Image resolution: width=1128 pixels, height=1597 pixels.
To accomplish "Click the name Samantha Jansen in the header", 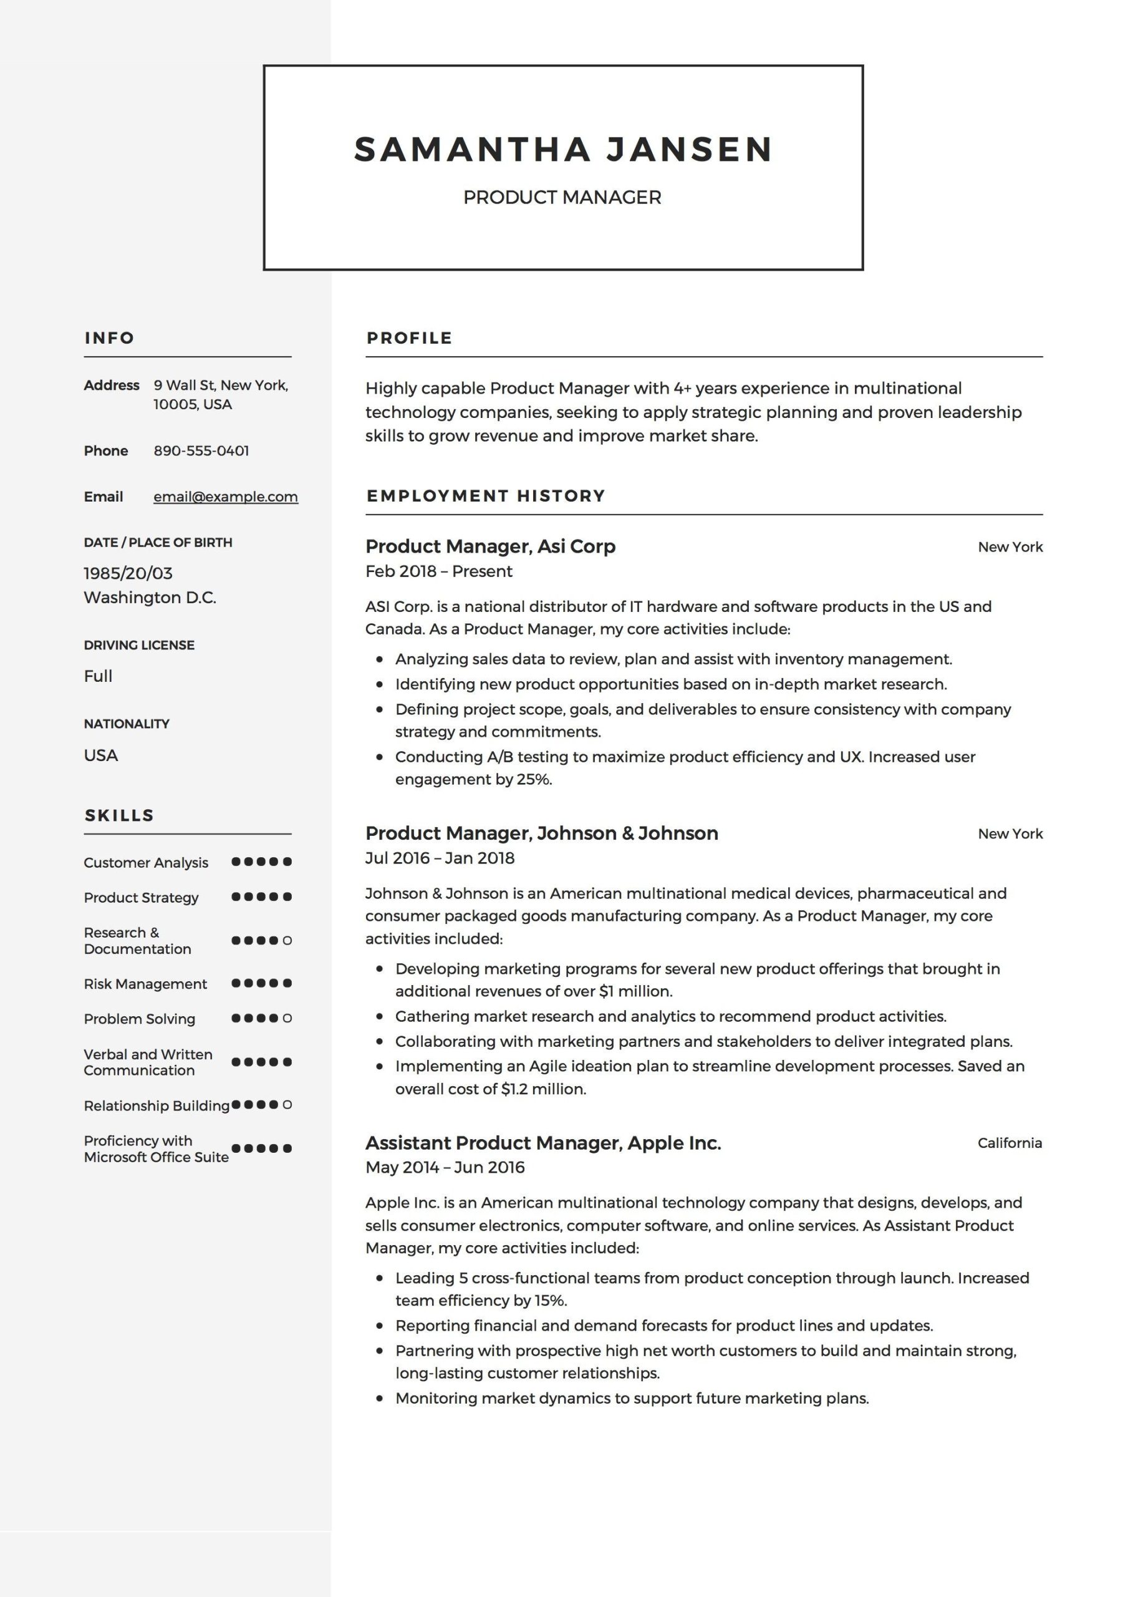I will pos(562,150).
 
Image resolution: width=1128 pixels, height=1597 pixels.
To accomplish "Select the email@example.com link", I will pos(225,497).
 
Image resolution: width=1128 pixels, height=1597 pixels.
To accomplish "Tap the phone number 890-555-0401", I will pos(201,451).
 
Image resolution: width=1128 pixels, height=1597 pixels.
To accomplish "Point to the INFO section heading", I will pos(109,338).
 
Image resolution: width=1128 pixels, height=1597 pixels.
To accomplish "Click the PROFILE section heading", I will pos(409,338).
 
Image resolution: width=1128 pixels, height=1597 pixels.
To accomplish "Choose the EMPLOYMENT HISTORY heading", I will pos(485,496).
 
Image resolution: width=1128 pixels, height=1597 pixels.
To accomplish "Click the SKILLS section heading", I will pos(119,815).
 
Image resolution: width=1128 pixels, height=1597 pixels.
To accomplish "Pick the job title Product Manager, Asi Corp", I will pos(490,546).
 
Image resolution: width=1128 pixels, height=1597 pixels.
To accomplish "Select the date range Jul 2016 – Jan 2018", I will pos(440,858).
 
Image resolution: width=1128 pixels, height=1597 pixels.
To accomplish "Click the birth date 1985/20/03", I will pos(128,573).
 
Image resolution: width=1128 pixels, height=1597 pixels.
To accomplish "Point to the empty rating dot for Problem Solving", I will pos(287,1018).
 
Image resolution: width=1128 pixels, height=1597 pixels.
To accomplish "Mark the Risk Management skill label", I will pos(145,984).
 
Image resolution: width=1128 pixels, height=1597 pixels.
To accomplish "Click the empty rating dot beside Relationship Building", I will pos(287,1105).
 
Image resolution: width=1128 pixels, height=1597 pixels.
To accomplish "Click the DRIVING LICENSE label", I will pos(139,646).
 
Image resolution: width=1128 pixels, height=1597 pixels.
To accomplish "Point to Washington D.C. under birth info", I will pos(150,598).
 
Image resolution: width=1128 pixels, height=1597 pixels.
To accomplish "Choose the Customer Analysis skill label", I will pos(146,863).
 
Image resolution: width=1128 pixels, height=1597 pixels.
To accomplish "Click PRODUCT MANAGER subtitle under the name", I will pos(562,198).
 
